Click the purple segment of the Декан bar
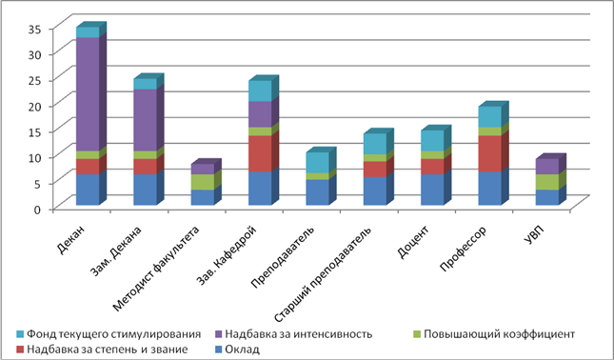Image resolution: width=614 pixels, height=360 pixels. tap(88, 94)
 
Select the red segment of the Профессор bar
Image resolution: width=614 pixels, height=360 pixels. tap(490, 153)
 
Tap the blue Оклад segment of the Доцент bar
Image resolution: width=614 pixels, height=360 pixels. tap(432, 190)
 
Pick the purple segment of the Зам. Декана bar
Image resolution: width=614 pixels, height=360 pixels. tap(146, 120)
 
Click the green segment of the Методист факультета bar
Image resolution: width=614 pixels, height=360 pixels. tap(203, 182)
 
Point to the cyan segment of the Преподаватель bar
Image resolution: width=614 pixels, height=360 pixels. tap(318, 163)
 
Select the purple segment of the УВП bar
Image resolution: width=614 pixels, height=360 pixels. tap(547, 167)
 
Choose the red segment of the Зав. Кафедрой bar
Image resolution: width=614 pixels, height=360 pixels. tap(260, 153)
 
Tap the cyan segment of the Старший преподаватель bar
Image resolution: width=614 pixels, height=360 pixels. tap(375, 144)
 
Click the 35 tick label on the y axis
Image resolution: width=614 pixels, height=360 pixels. tap(33, 29)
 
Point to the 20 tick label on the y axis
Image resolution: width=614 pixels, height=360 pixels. tap(33, 106)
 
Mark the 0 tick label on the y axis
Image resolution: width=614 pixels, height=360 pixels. tap(37, 210)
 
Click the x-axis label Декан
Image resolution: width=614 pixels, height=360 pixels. tap(71, 240)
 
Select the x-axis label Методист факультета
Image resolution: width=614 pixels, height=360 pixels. tap(156, 269)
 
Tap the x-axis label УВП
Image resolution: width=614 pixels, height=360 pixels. tap(534, 234)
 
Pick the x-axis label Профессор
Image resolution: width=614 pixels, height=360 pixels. tap(464, 249)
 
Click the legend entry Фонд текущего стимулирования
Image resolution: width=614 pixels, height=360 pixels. tap(109, 334)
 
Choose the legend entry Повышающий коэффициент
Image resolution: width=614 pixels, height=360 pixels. tap(494, 334)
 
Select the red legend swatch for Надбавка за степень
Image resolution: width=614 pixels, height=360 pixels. tap(20, 349)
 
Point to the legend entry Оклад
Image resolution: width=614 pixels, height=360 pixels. tap(237, 349)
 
